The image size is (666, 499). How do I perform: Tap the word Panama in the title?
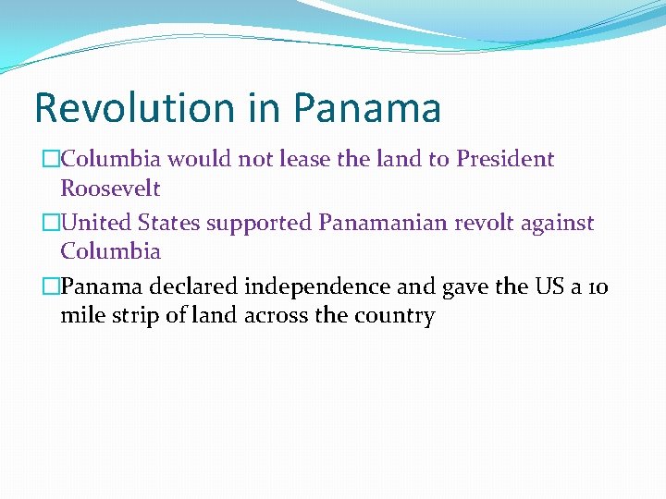[x=367, y=108]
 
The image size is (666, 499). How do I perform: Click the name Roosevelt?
[x=110, y=189]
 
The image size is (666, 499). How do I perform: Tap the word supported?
[x=260, y=224]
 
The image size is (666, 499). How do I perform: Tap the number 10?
[x=598, y=286]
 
